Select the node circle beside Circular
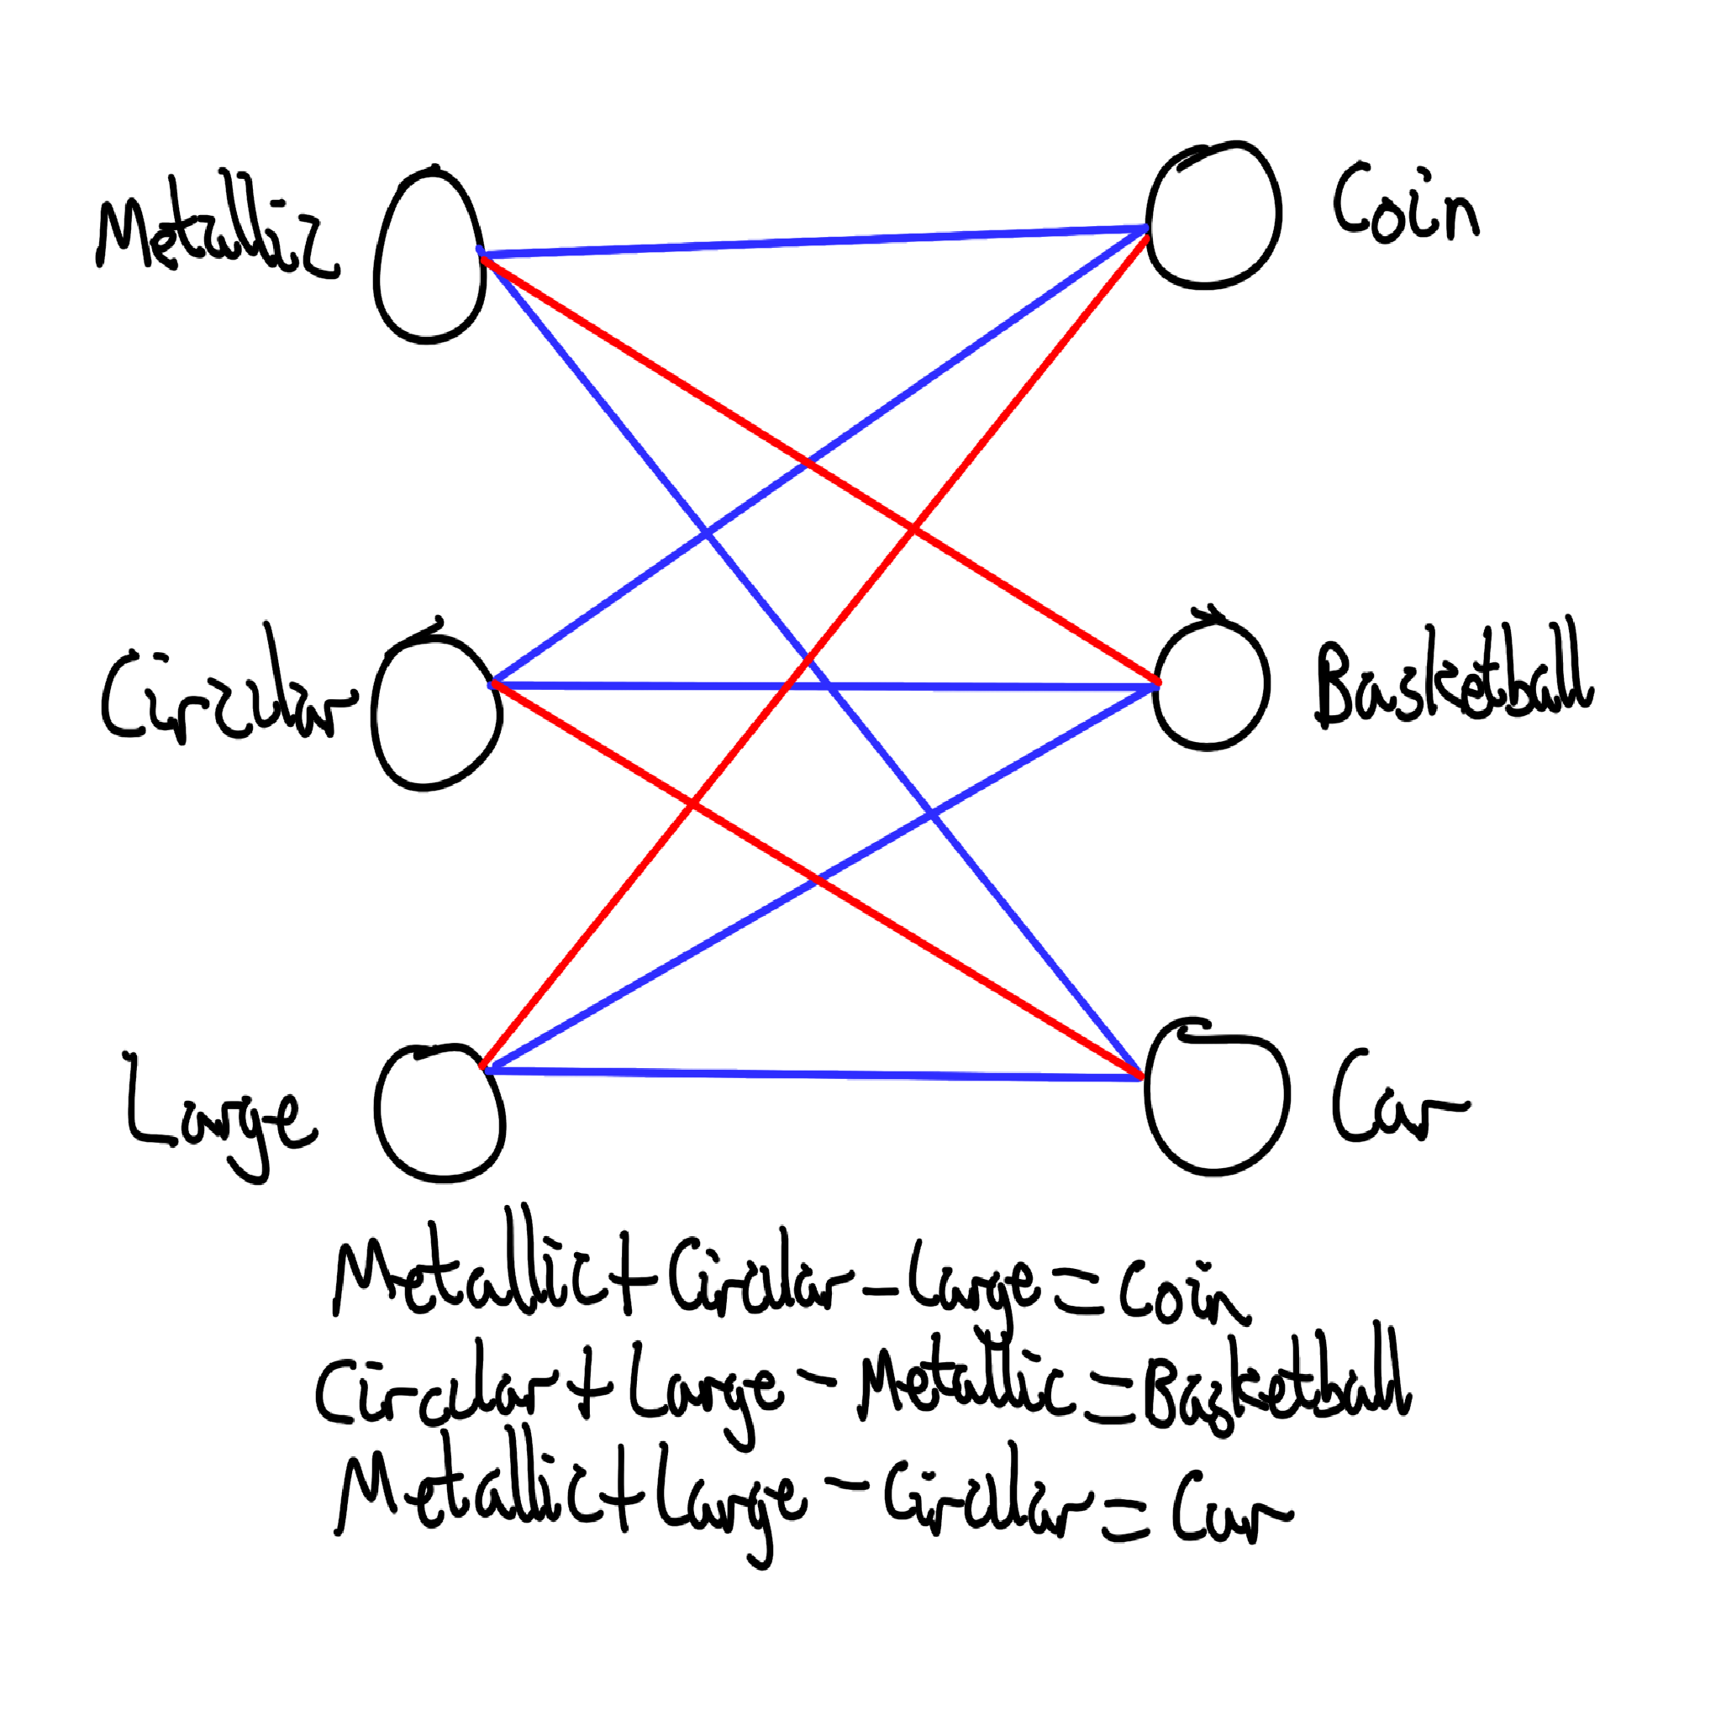(x=435, y=718)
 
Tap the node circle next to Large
(x=440, y=1113)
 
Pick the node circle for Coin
(x=1213, y=217)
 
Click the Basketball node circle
(x=1211, y=685)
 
